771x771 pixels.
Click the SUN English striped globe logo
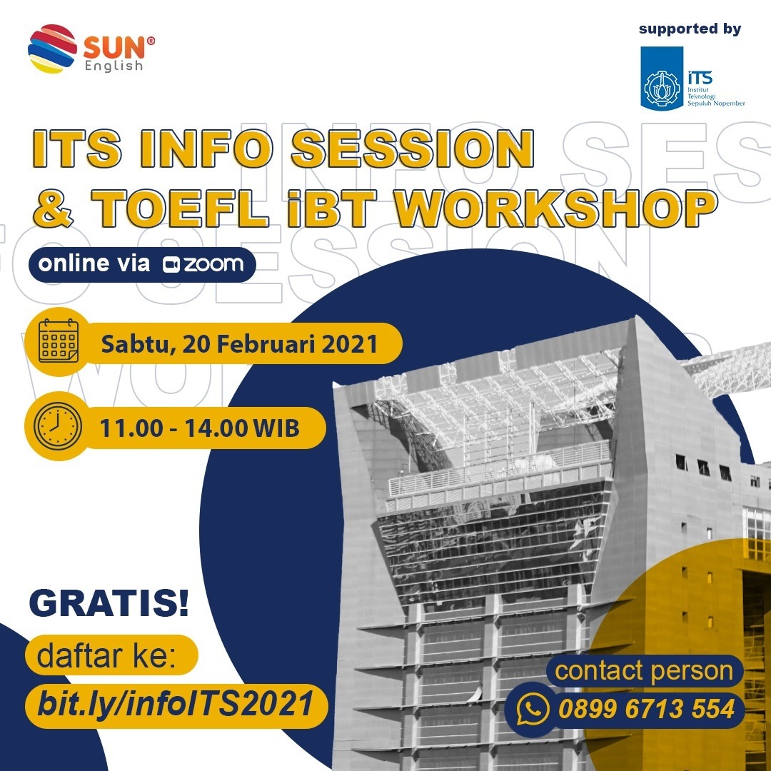[52, 49]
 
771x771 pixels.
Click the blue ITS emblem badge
[662, 79]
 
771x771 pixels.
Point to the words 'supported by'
[690, 29]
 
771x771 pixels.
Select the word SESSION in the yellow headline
[413, 148]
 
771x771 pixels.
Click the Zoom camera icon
[171, 264]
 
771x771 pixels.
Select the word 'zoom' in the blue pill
[213, 264]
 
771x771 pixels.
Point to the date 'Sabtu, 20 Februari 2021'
[239, 344]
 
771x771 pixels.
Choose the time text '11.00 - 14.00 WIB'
[199, 428]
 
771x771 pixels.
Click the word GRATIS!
[109, 604]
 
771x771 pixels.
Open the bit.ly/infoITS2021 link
[176, 705]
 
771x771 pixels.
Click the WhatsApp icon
[532, 710]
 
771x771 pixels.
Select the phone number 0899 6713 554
[646, 710]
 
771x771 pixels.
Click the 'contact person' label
[644, 671]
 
